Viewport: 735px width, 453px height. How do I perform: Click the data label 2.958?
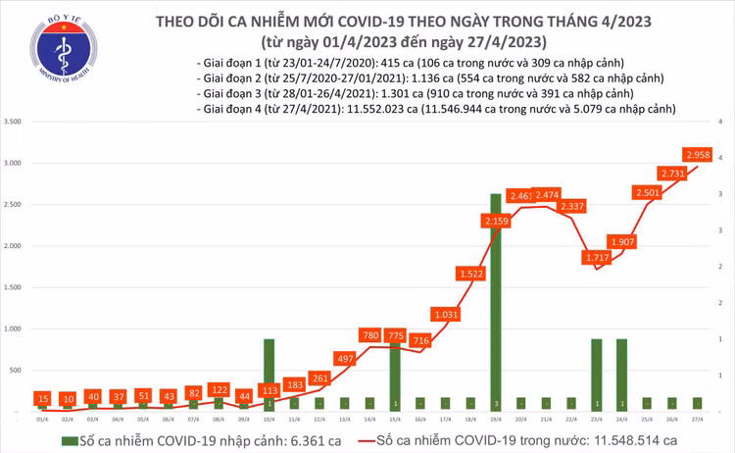coord(698,154)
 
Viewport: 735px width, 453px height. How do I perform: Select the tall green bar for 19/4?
coord(495,300)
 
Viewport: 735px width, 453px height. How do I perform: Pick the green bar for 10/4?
coord(269,374)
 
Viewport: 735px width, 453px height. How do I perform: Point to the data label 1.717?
coord(597,258)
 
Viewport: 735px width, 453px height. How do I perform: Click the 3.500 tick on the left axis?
coord(13,122)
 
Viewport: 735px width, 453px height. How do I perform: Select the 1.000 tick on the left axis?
coord(13,328)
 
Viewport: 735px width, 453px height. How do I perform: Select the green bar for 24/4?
coord(621,374)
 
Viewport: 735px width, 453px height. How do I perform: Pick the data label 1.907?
coord(621,242)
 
